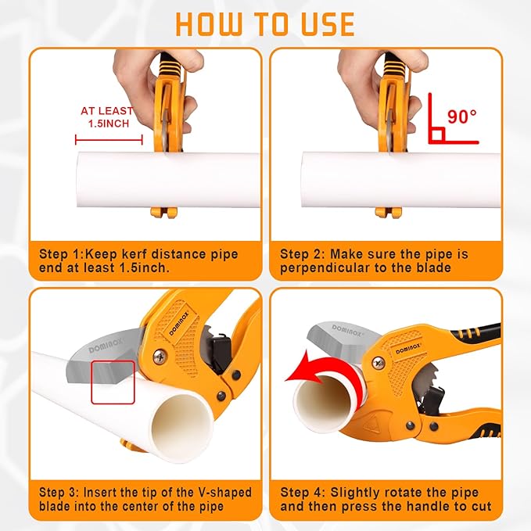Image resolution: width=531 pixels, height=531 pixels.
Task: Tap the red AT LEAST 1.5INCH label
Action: [107, 117]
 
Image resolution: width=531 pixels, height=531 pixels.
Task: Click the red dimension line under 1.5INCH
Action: [109, 140]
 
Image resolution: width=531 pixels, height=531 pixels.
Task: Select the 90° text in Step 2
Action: [461, 117]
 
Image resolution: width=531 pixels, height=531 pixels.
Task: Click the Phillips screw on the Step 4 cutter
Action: [379, 363]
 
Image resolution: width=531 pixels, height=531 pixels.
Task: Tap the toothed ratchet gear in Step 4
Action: [423, 375]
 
